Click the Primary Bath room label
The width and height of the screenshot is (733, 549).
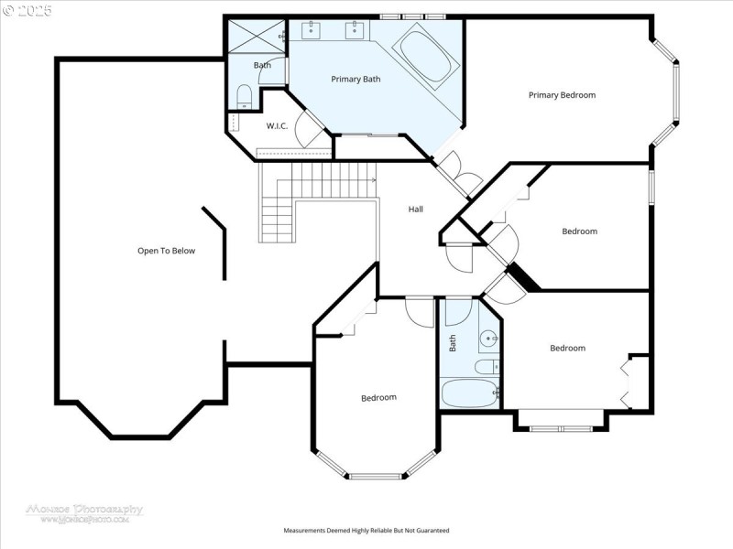pos(356,80)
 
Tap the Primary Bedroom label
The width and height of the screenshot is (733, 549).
pos(562,95)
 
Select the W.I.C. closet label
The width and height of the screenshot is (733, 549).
pos(277,126)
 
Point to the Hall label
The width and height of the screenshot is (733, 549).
pos(415,210)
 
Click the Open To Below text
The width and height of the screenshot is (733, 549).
pos(166,251)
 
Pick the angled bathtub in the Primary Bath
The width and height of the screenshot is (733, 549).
pos(427,57)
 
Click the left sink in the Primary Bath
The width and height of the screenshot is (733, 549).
pos(311,30)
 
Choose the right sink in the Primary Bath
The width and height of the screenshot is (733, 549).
pos(354,30)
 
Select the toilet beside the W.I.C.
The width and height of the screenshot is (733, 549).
pos(244,95)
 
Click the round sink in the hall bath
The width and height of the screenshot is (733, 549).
pos(489,339)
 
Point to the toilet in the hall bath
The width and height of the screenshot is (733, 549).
pos(486,367)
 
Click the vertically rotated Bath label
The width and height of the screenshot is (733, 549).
pos(453,343)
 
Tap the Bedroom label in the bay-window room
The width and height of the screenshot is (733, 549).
pos(378,397)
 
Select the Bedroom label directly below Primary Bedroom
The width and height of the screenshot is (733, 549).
pos(579,231)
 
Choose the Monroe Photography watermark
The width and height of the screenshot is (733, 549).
pos(83,512)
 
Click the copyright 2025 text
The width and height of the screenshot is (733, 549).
pos(27,11)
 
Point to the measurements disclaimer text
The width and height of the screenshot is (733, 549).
pos(366,531)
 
